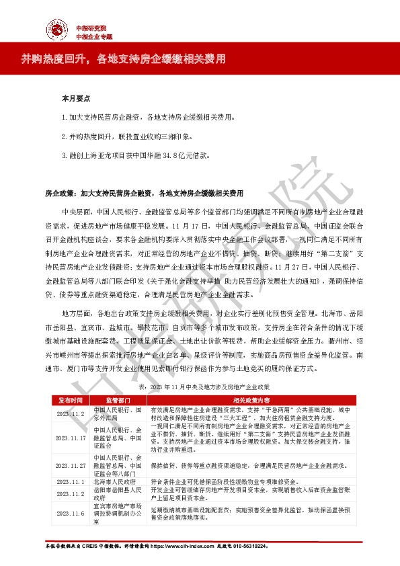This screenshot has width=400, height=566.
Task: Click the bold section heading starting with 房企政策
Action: point(143,193)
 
